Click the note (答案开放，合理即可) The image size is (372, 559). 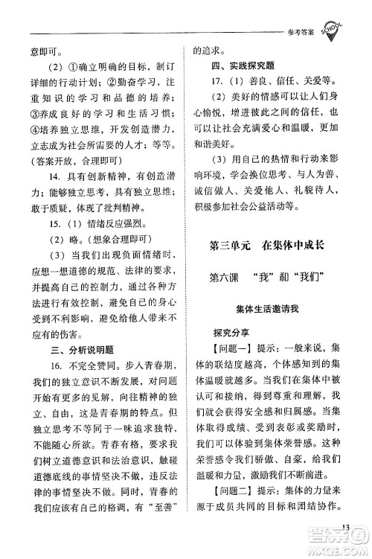click(x=69, y=162)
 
